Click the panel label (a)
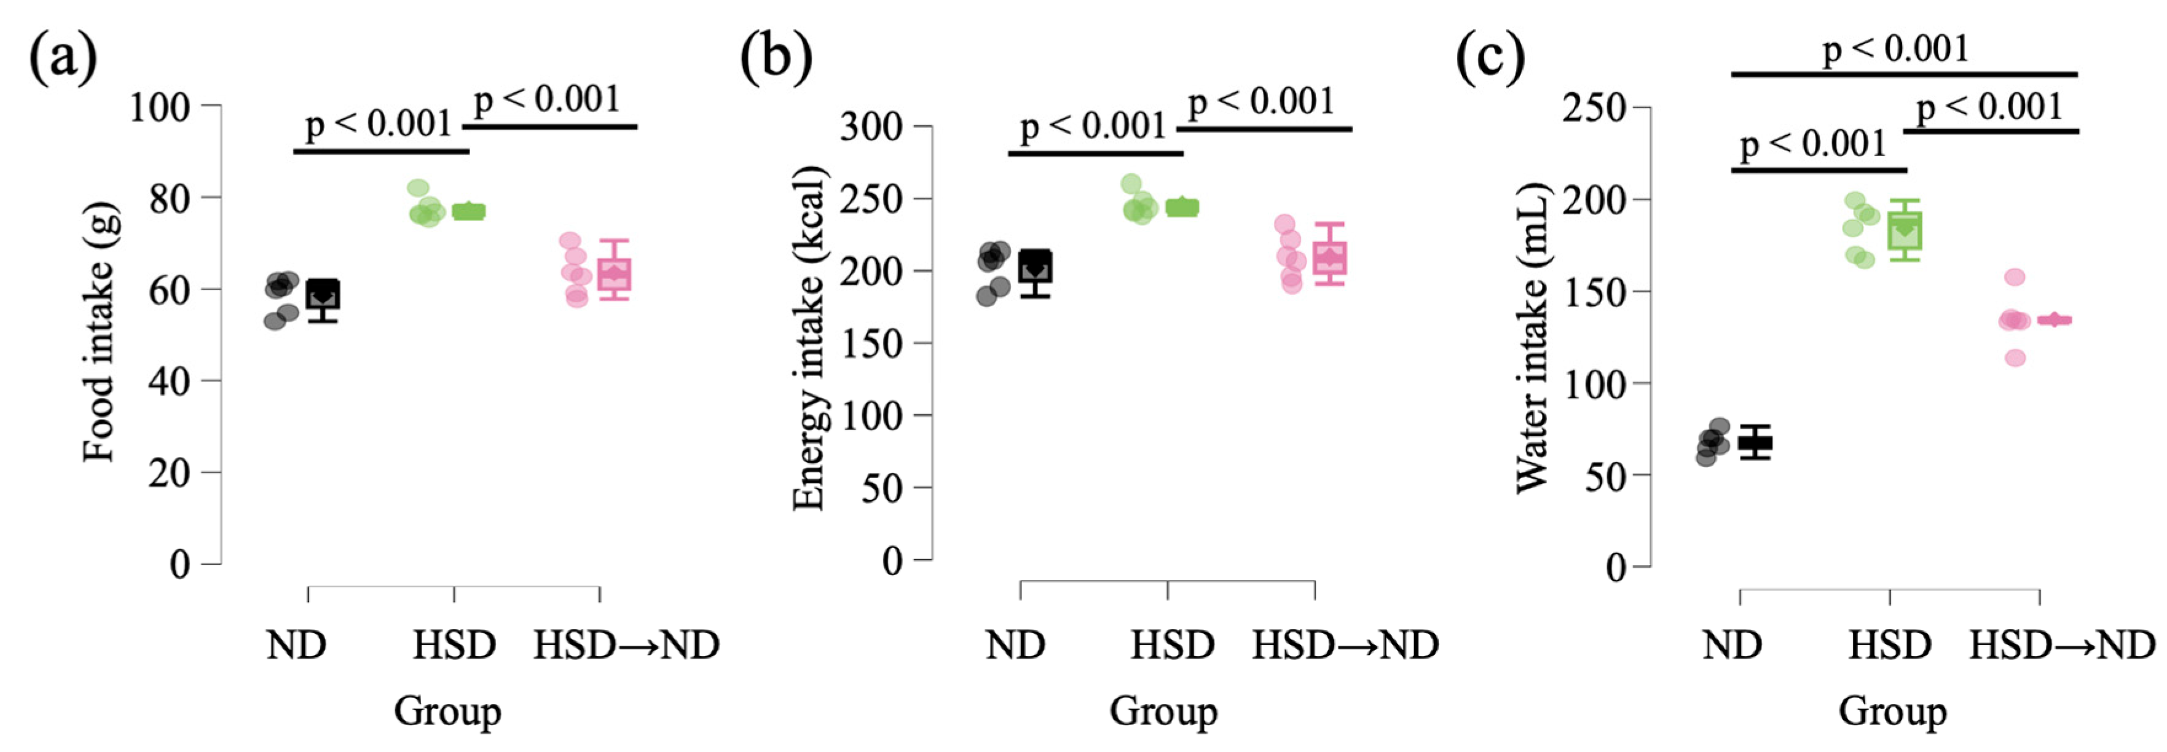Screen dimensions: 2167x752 (x=63, y=59)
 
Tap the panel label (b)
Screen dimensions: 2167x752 (x=776, y=59)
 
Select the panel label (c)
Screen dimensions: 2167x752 (x=1490, y=59)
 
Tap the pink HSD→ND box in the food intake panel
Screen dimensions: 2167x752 (x=614, y=274)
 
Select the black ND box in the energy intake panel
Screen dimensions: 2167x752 (x=1035, y=266)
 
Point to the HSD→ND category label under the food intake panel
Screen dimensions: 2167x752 (x=627, y=645)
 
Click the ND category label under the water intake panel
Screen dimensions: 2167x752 (x=1732, y=645)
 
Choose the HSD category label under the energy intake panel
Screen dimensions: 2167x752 (x=1173, y=645)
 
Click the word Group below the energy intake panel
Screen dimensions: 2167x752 (x=1163, y=711)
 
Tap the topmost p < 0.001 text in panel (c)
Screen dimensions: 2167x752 (x=1896, y=49)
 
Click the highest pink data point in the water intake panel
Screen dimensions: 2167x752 (x=2015, y=276)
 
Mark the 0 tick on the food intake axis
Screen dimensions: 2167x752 (x=180, y=563)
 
